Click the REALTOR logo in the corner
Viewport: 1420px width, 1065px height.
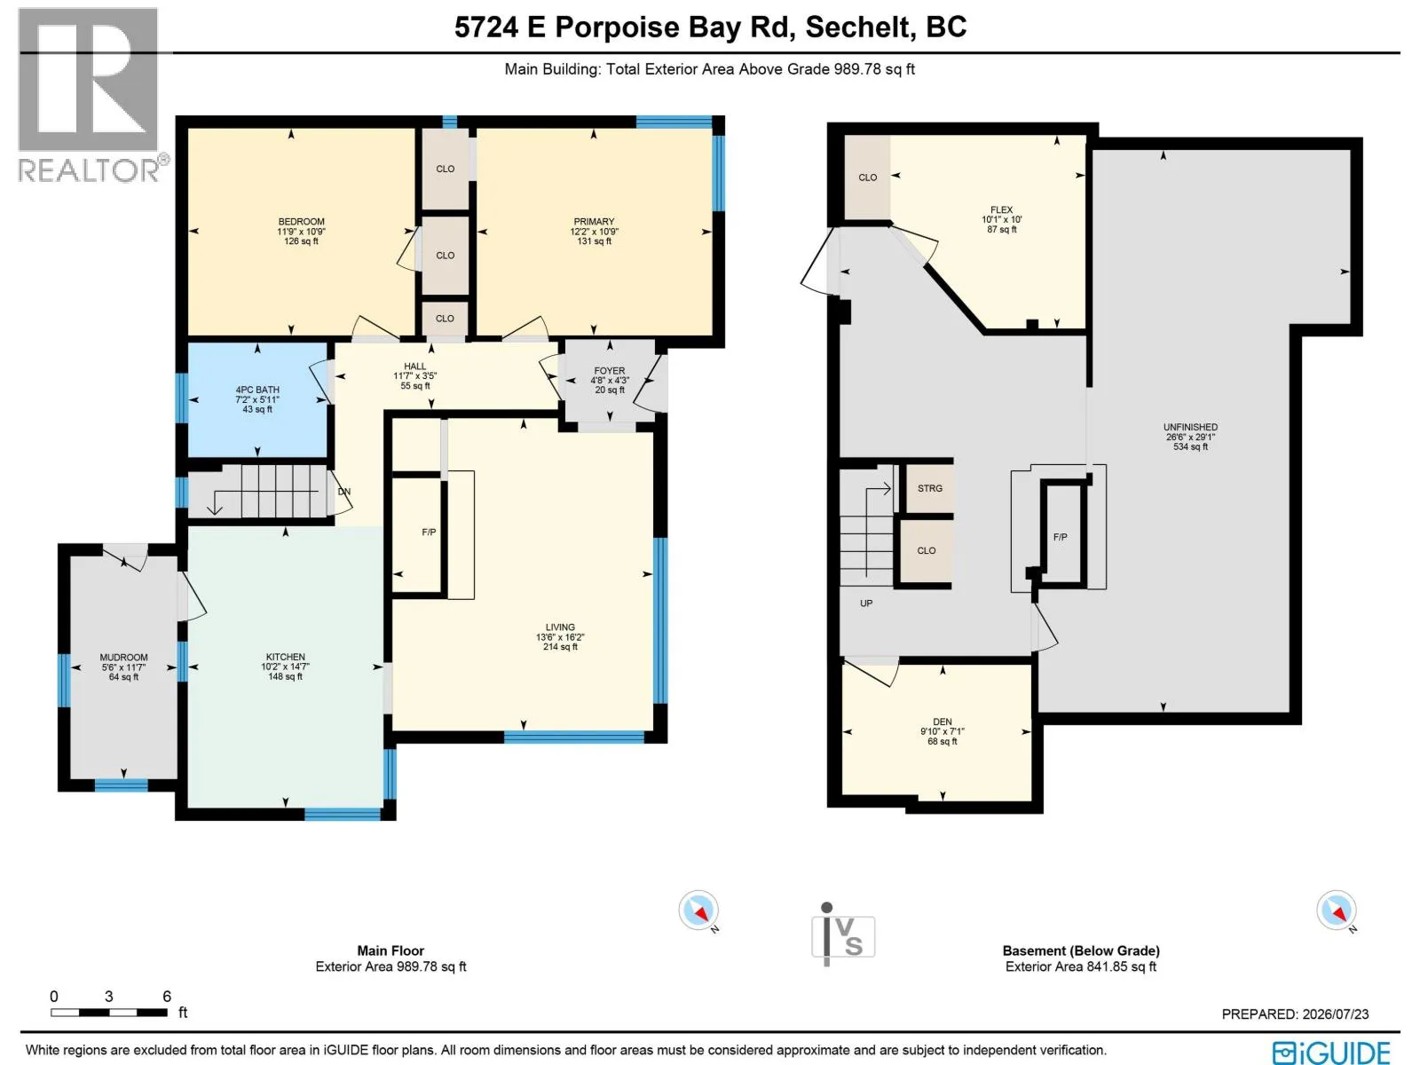(91, 95)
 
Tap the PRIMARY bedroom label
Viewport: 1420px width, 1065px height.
(593, 221)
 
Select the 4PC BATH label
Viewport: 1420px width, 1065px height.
(256, 390)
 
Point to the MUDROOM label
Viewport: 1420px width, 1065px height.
(123, 657)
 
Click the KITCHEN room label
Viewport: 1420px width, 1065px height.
(285, 657)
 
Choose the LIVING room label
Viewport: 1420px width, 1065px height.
(560, 627)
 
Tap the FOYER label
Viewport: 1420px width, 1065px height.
(610, 370)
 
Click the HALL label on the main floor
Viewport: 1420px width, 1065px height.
(414, 366)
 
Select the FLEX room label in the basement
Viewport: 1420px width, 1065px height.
(1001, 209)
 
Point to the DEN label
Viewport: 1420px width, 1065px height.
(942, 722)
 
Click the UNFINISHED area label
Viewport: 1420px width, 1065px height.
(1190, 427)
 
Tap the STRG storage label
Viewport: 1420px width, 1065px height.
(929, 488)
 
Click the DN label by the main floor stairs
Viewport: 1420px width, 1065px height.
(343, 492)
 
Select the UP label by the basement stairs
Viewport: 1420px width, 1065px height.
(866, 603)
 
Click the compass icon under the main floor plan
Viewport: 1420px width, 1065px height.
(698, 911)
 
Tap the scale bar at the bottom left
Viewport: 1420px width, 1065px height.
(108, 1012)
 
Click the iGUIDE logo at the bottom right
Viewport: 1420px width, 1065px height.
(1330, 1052)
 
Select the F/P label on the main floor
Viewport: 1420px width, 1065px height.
(429, 532)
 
